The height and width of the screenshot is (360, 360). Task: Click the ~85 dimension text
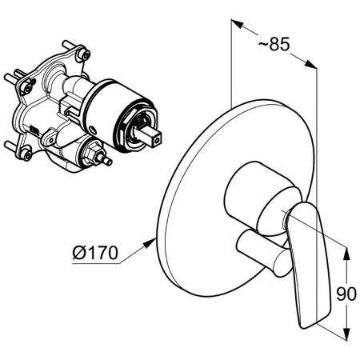point(274,44)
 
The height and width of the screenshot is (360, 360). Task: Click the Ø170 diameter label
point(95,252)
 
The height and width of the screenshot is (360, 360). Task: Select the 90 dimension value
point(346,294)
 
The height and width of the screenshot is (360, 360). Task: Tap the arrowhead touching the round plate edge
point(150,243)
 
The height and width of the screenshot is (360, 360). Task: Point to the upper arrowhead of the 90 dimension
point(346,254)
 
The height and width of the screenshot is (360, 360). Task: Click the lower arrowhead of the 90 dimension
point(346,334)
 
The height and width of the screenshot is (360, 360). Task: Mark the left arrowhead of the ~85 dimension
point(238,23)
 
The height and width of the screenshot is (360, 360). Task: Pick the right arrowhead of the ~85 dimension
point(310,64)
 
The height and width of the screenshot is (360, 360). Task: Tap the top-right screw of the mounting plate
point(85,54)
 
